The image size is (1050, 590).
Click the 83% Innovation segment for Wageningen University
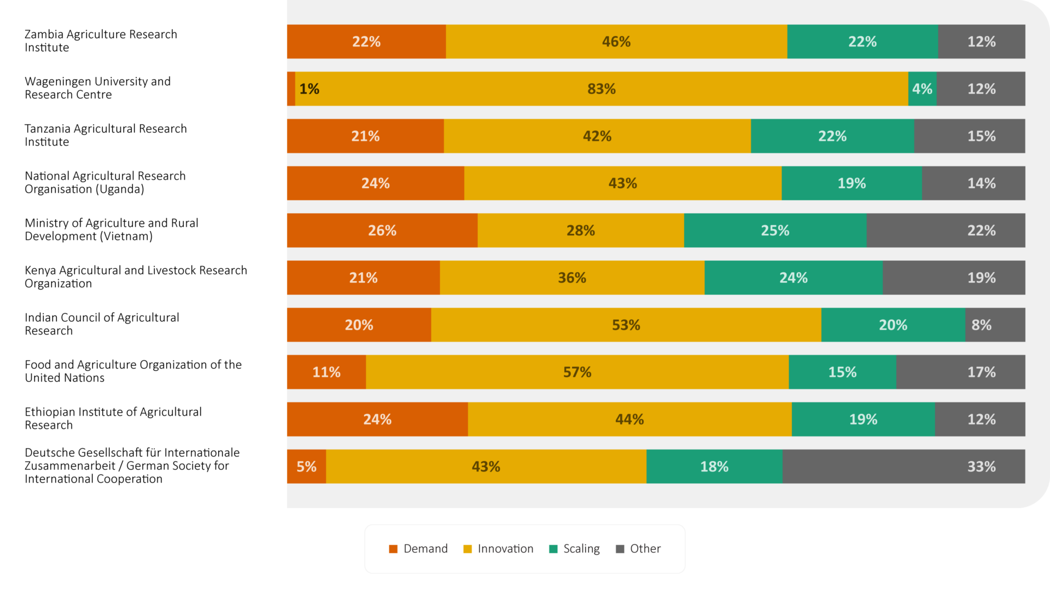click(602, 88)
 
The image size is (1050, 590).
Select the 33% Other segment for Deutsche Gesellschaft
click(903, 467)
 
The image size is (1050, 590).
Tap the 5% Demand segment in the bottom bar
click(306, 467)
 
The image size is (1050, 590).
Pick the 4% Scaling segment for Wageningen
click(922, 88)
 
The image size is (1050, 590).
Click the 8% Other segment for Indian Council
click(995, 325)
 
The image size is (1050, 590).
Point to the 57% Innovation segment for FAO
click(577, 372)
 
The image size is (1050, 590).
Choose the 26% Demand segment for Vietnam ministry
click(382, 231)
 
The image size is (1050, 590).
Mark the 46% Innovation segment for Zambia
click(616, 42)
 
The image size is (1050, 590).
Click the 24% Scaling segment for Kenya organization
click(793, 278)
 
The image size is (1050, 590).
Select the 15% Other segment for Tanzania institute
click(969, 136)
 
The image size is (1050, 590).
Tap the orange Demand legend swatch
click(393, 549)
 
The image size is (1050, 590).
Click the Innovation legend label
click(505, 548)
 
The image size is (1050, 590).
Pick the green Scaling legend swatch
click(553, 549)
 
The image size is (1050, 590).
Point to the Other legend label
click(645, 548)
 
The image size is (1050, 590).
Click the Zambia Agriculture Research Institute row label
click(101, 41)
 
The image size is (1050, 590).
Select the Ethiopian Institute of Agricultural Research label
click(113, 418)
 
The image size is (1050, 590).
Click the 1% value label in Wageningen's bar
click(309, 88)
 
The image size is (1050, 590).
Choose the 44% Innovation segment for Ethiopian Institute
click(629, 420)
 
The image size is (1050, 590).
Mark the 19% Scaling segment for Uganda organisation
click(851, 183)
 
